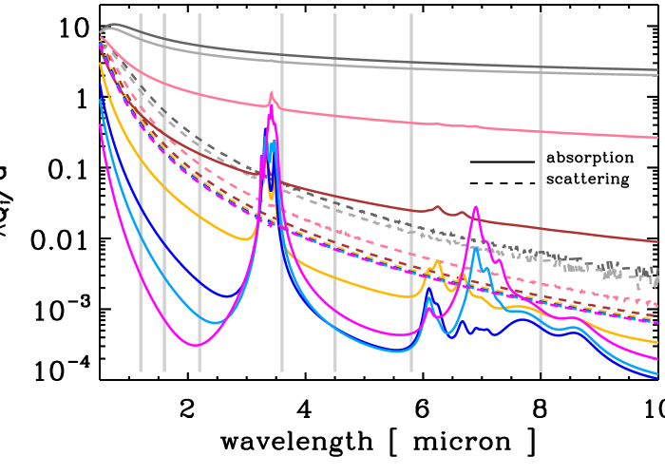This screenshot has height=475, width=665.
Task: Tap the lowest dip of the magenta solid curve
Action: pos(197,345)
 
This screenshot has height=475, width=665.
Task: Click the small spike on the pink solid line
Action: pos(271,93)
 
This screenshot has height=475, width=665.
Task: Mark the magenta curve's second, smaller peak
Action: pos(475,206)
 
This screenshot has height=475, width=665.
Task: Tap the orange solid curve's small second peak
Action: pos(439,262)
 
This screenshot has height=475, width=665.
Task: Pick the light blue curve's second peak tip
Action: pos(476,249)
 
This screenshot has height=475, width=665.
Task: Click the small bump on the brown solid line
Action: pos(438,205)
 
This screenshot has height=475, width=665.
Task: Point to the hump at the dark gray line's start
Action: pos(111,25)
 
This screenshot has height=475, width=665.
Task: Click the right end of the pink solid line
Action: pos(657,137)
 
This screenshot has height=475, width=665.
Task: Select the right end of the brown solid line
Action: pos(657,240)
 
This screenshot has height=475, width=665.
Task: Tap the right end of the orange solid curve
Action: pos(657,342)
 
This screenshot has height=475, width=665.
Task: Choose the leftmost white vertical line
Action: pos(141,190)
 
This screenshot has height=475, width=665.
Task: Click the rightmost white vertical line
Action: pos(541,190)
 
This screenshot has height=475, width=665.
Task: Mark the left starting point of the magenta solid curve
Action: pos(100,124)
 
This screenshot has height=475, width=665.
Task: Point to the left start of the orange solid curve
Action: pos(100,64)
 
